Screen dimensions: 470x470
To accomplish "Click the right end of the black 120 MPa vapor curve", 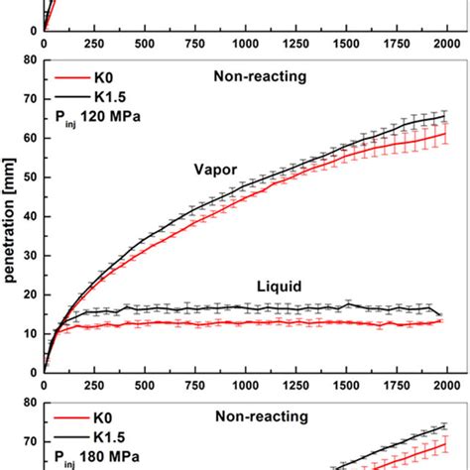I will click(446, 116).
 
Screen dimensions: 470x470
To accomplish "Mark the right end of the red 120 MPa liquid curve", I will click(441, 320).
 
